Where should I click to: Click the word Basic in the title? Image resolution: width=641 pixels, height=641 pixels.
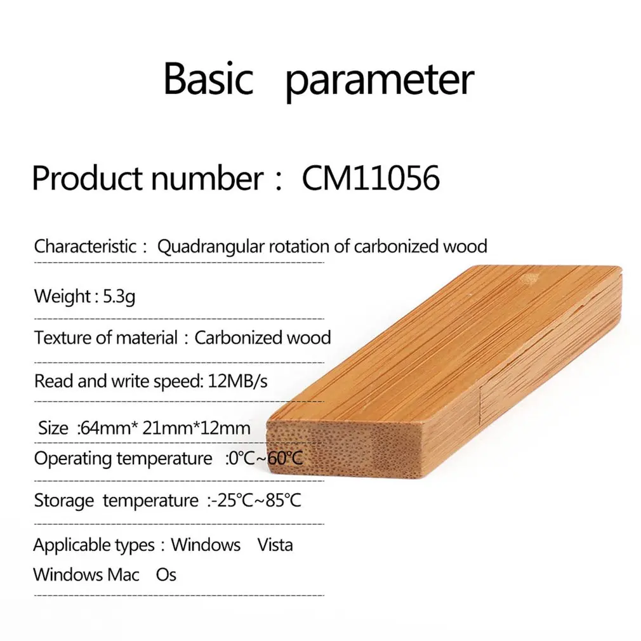pyautogui.click(x=208, y=78)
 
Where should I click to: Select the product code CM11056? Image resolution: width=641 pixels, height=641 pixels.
pyautogui.click(x=371, y=178)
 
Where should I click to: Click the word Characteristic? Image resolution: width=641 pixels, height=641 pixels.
pyautogui.click(x=85, y=246)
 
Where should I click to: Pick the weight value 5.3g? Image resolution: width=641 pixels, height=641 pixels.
pyautogui.click(x=119, y=297)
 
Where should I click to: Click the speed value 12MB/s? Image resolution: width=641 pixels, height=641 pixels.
pyautogui.click(x=237, y=381)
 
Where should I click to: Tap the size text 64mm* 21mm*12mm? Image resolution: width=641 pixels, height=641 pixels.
pyautogui.click(x=165, y=428)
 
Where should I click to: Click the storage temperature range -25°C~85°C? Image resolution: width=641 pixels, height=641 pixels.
pyautogui.click(x=256, y=500)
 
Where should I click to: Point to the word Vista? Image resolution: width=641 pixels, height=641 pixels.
pyautogui.click(x=275, y=545)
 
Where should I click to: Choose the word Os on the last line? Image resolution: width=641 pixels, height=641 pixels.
pyautogui.click(x=166, y=575)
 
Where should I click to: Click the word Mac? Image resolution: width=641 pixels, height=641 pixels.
pyautogui.click(x=123, y=575)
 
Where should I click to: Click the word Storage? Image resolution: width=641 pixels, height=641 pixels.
pyautogui.click(x=63, y=501)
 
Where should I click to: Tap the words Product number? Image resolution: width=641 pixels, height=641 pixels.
pyautogui.click(x=148, y=178)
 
